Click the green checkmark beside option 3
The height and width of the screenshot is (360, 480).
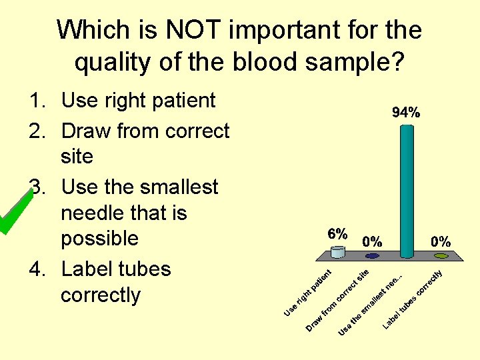click(15, 212)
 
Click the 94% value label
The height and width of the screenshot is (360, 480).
click(405, 113)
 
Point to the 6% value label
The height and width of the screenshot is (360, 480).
click(337, 234)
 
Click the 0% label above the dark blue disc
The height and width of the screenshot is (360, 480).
click(372, 241)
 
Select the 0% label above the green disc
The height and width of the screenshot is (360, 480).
click(440, 241)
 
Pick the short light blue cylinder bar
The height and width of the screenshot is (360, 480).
click(338, 252)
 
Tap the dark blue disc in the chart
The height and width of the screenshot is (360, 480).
click(372, 255)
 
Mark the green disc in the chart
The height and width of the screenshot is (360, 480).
click(440, 255)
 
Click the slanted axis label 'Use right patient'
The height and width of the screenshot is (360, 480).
click(307, 293)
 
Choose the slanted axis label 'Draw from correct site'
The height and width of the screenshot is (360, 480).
click(337, 300)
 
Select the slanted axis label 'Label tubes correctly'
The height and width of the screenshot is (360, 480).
click(413, 300)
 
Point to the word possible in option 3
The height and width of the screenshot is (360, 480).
click(99, 239)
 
